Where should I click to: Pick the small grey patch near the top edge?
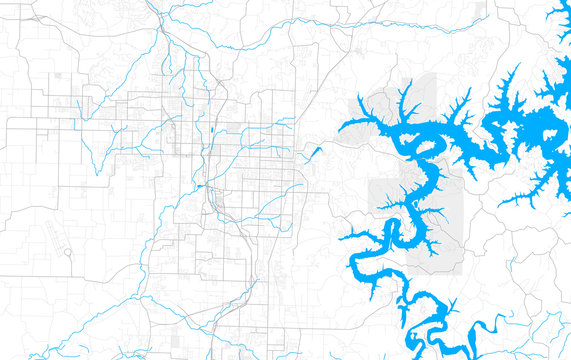coord(481,9)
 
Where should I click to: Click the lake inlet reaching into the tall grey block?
coord(405,100)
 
